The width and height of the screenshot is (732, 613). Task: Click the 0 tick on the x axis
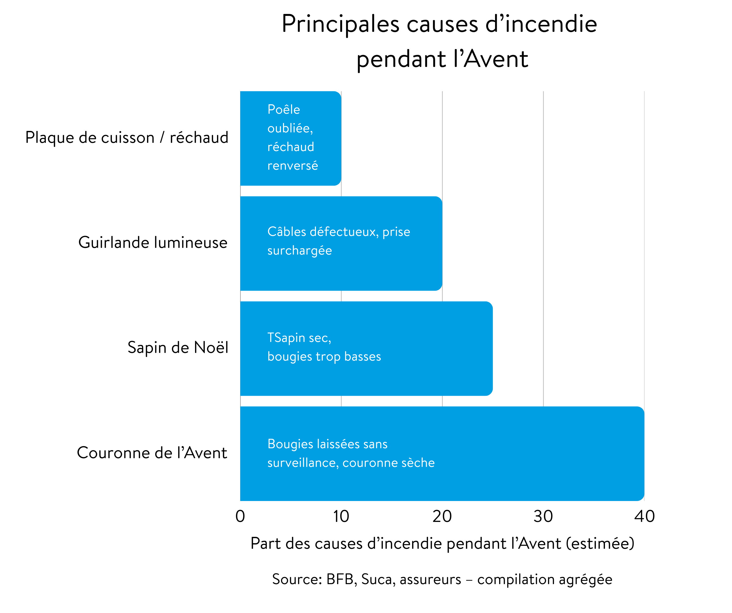pyautogui.click(x=240, y=516)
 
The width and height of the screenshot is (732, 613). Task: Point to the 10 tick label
pyautogui.click(x=341, y=516)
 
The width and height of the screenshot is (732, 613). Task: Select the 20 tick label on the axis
pyautogui.click(x=442, y=516)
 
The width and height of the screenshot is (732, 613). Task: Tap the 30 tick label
pyautogui.click(x=543, y=516)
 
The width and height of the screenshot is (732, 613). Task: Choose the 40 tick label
pyautogui.click(x=644, y=516)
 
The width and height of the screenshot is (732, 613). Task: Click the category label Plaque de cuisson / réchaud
pyautogui.click(x=127, y=138)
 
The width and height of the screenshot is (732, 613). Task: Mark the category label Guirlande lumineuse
pyautogui.click(x=153, y=242)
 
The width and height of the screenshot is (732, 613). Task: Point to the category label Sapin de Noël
pyautogui.click(x=178, y=348)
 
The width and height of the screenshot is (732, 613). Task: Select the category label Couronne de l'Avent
pyautogui.click(x=152, y=453)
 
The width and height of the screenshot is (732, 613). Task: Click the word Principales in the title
pyautogui.click(x=340, y=24)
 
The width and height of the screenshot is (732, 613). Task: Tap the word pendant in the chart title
pyautogui.click(x=401, y=59)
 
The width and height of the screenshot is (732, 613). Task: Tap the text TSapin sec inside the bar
pyautogui.click(x=299, y=338)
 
